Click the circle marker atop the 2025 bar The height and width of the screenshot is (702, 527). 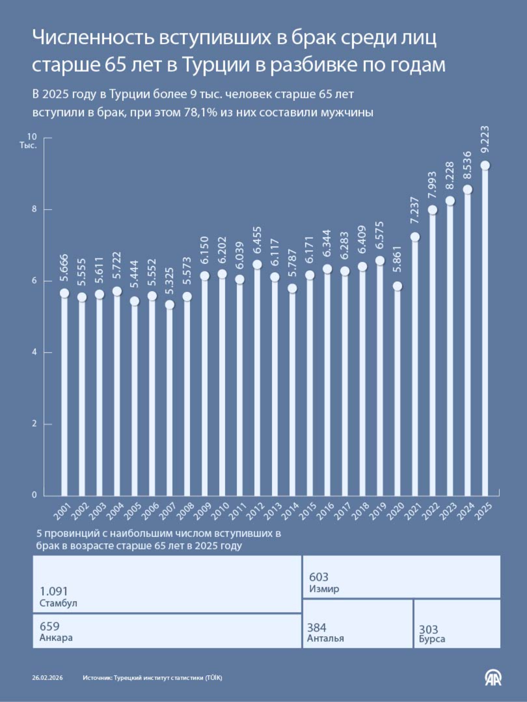[x=485, y=165]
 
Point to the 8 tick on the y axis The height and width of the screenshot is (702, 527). [x=34, y=209]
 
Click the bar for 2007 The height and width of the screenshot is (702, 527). [x=170, y=399]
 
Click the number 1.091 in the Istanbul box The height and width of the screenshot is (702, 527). [x=54, y=591]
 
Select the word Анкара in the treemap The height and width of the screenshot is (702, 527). [x=56, y=638]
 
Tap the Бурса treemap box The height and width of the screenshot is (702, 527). [x=457, y=623]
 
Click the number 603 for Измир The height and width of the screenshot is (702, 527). [x=318, y=577]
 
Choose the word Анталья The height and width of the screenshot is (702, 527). [x=325, y=638]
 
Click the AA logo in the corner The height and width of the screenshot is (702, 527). [x=493, y=677]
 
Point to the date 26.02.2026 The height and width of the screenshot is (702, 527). [x=47, y=678]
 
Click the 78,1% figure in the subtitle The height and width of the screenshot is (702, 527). [x=200, y=112]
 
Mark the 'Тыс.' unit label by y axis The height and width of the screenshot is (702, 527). [x=28, y=145]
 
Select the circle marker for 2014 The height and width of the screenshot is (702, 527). [x=292, y=288]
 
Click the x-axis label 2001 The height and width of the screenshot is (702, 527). [x=62, y=512]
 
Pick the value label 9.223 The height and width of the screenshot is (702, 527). [x=485, y=140]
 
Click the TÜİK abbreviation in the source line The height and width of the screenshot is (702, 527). [x=213, y=678]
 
